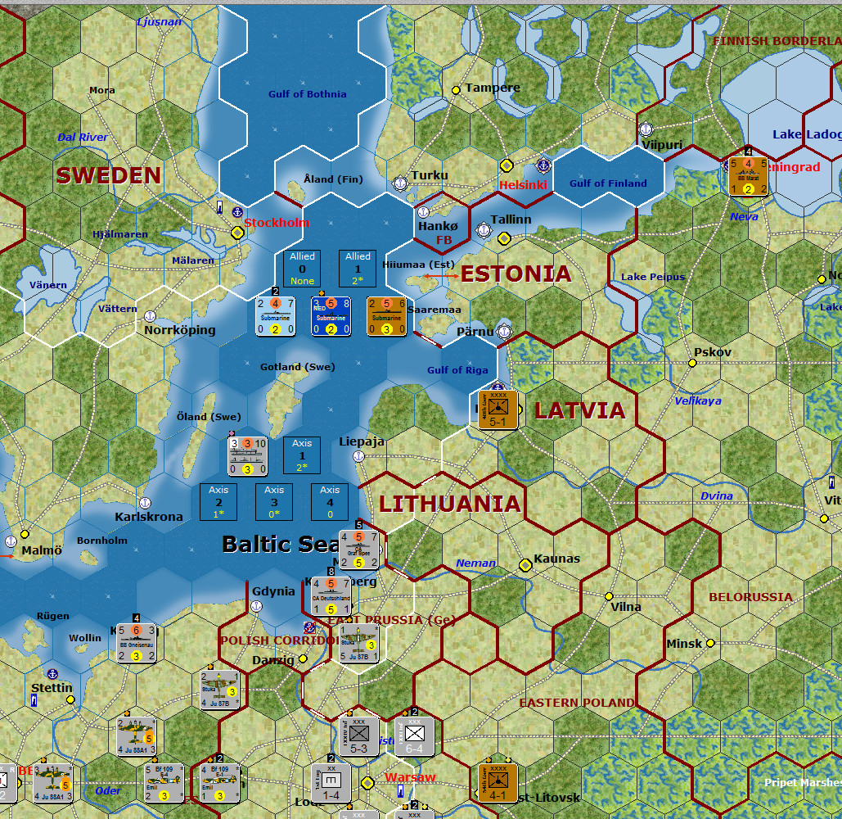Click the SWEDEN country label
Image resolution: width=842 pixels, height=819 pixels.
click(x=109, y=175)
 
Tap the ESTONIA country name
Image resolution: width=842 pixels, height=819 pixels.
click(x=516, y=274)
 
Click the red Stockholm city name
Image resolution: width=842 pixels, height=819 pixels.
click(x=277, y=223)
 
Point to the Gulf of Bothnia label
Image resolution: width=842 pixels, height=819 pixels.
click(x=308, y=94)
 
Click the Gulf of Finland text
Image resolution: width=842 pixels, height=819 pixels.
click(x=608, y=183)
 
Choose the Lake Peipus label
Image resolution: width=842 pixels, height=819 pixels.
click(x=653, y=277)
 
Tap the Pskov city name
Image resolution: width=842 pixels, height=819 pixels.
click(x=712, y=352)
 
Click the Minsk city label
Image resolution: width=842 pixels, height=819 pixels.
click(x=684, y=644)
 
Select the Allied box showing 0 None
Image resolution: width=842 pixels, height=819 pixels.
click(x=302, y=269)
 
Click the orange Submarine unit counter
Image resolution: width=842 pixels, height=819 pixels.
click(x=387, y=316)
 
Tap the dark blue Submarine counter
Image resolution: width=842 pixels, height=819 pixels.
click(x=331, y=316)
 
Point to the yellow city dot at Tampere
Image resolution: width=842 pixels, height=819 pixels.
click(x=456, y=89)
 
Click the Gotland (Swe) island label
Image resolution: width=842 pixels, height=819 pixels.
click(x=298, y=367)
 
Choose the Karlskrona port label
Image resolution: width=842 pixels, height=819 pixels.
click(x=148, y=517)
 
